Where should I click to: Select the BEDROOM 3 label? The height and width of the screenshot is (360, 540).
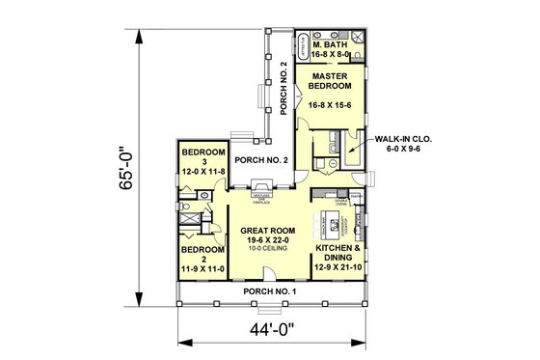[202, 157]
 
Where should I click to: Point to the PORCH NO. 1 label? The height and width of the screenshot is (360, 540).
[270, 291]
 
